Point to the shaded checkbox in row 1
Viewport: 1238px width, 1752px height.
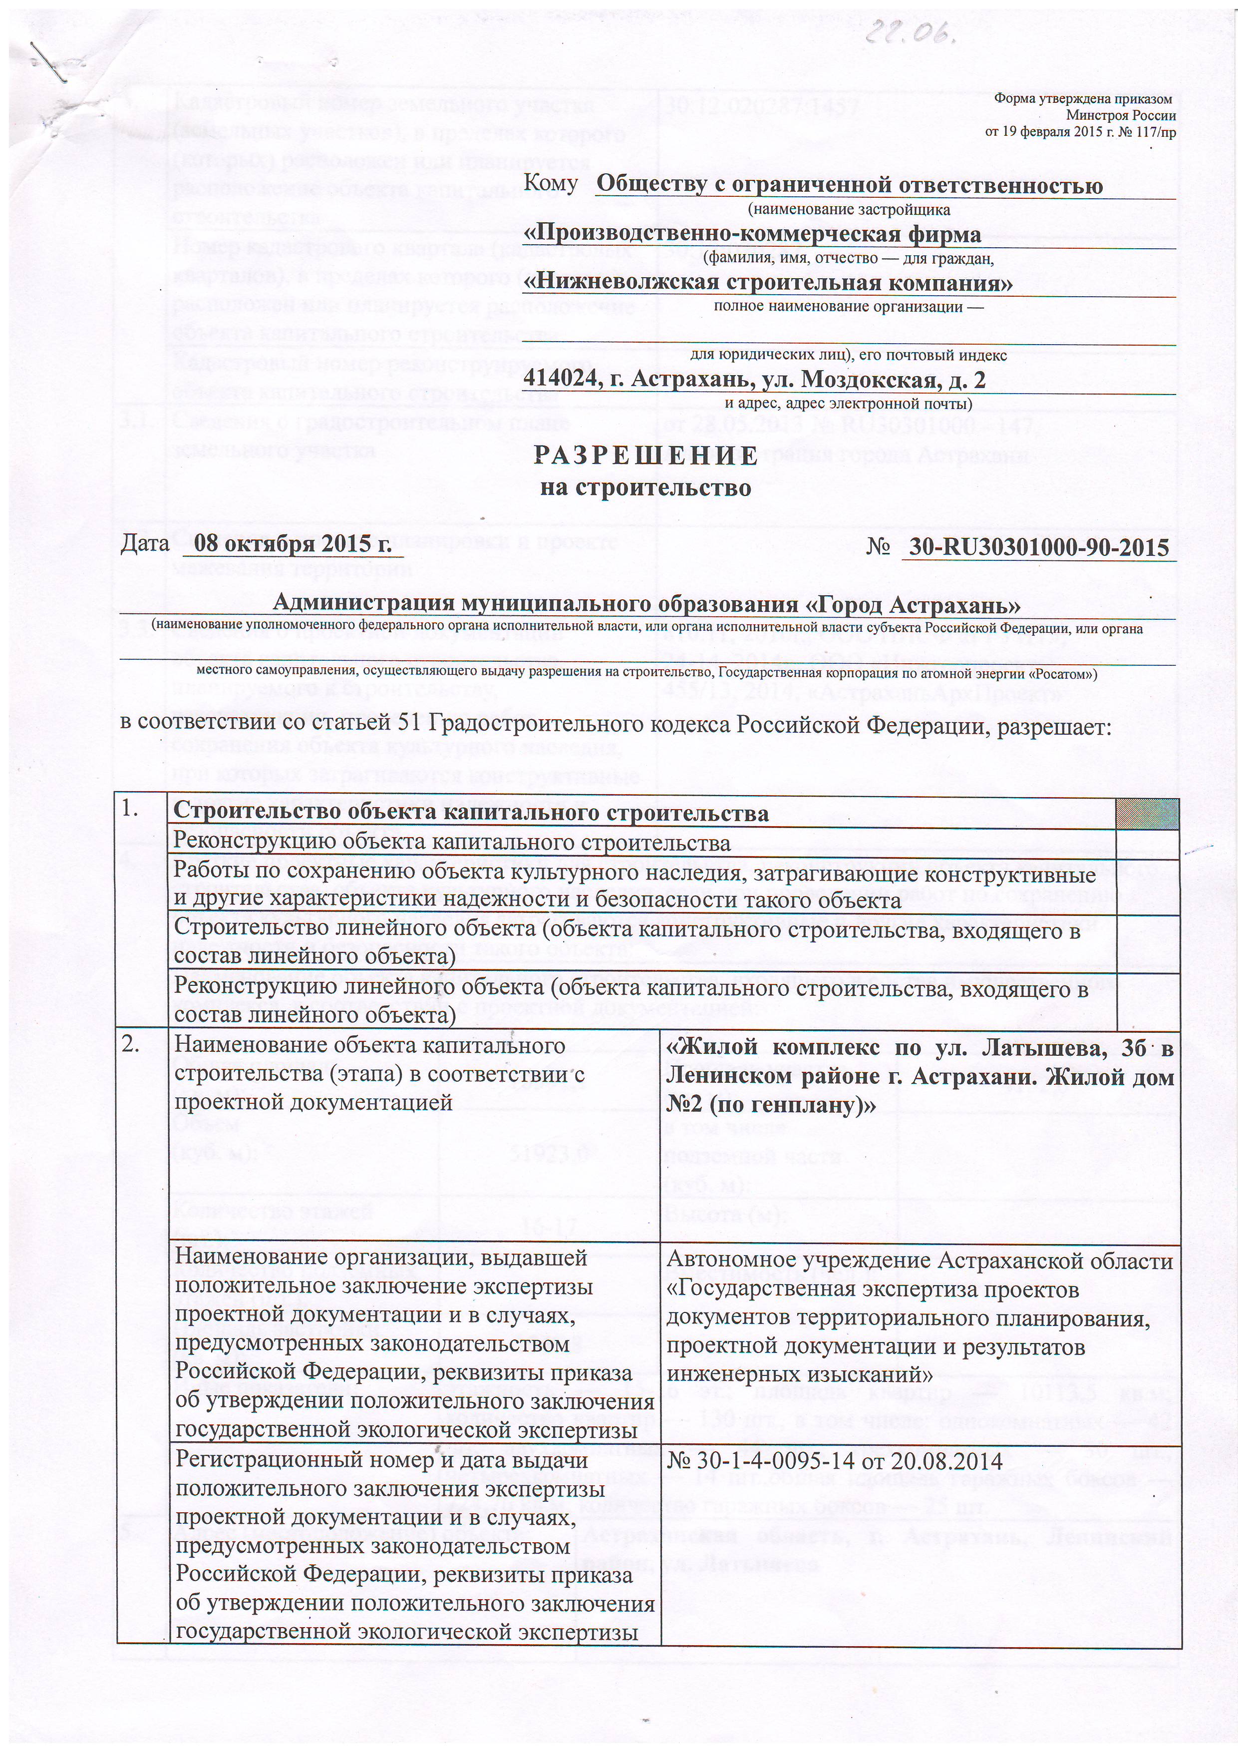(1147, 814)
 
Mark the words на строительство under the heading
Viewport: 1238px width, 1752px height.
(645, 487)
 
